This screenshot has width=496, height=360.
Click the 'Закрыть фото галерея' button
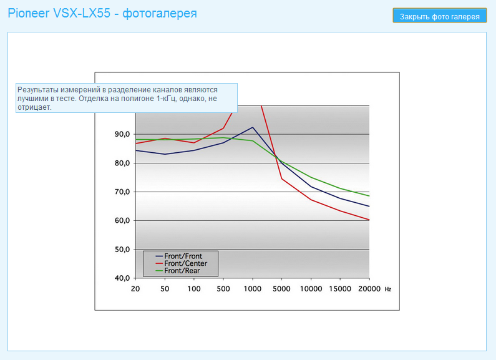coord(440,16)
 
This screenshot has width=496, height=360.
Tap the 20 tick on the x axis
coord(135,289)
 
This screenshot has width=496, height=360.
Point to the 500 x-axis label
coord(223,289)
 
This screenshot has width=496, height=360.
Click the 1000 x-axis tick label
coord(252,289)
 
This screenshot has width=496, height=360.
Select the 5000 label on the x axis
coord(281,289)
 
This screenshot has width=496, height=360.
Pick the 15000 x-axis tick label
coord(339,289)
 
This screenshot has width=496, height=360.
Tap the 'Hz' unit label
coord(388,289)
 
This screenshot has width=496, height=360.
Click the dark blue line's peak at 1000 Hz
coord(252,127)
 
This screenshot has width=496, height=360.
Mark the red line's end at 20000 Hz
coord(369,220)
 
